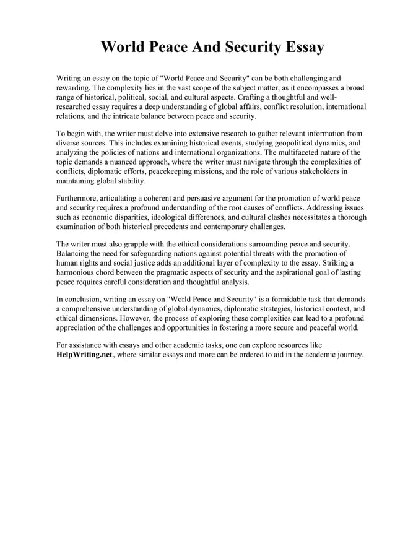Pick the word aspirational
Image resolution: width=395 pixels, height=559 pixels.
(285, 272)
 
